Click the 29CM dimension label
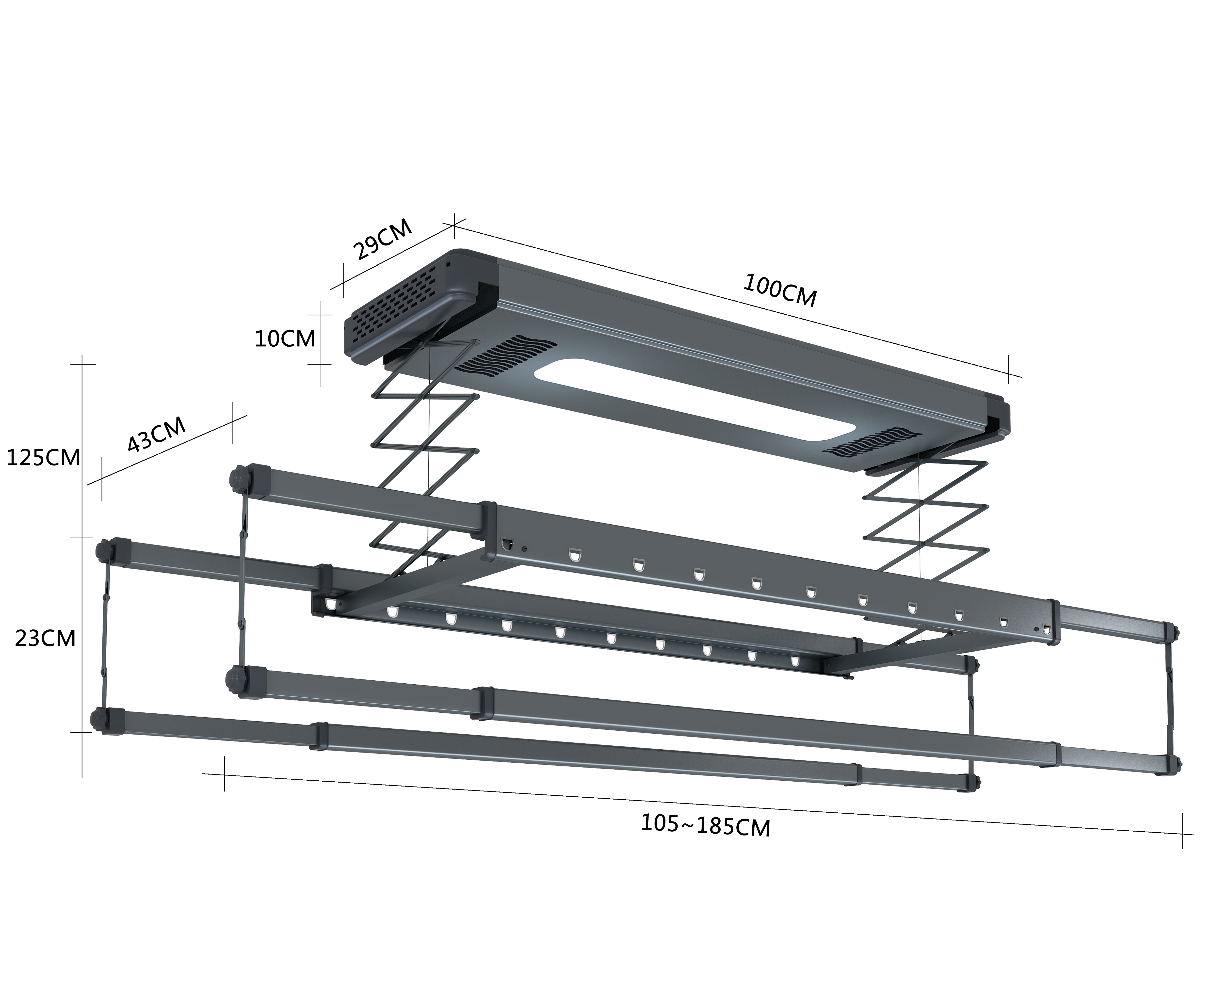click(x=382, y=239)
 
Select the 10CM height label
click(x=285, y=339)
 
